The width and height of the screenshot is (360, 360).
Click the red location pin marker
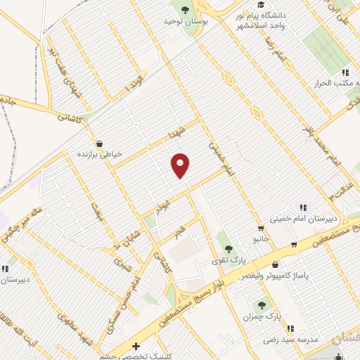pyautogui.click(x=181, y=165)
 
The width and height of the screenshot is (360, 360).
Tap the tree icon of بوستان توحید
pyautogui.click(x=185, y=10)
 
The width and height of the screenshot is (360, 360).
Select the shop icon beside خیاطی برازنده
pyautogui.click(x=99, y=143)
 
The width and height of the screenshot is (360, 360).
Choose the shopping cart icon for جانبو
pyautogui.click(x=261, y=228)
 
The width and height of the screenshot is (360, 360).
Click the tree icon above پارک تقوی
pyautogui.click(x=227, y=247)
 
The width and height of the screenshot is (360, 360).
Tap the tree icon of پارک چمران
pyautogui.click(x=262, y=305)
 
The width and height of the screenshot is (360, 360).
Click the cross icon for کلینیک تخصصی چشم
pyautogui.click(x=136, y=346)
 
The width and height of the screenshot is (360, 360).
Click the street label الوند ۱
pyautogui.click(x=133, y=86)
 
